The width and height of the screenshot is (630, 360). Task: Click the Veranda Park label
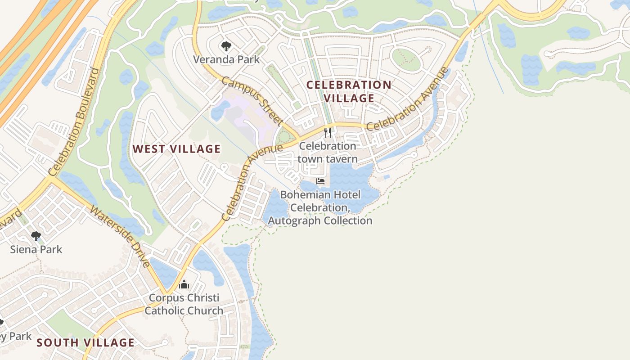(x=226, y=59)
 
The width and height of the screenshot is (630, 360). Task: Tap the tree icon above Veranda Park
(x=226, y=46)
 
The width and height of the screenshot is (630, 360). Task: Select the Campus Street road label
(x=252, y=101)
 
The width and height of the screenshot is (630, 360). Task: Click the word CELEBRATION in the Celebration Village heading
(x=349, y=85)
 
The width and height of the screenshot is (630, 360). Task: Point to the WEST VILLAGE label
(x=176, y=149)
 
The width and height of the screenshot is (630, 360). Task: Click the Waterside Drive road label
(x=121, y=236)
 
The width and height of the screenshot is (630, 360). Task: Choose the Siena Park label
(x=36, y=249)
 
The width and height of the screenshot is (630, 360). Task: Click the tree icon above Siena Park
(x=36, y=236)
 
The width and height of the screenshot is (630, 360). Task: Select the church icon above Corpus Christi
(x=184, y=285)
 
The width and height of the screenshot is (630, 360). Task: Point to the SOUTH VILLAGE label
(x=85, y=342)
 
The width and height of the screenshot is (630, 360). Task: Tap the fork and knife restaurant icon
(x=328, y=133)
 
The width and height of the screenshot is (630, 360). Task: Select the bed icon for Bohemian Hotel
(x=320, y=181)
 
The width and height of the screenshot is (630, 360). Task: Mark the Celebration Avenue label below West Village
(x=252, y=182)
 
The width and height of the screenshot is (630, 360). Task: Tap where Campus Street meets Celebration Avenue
(x=298, y=137)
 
